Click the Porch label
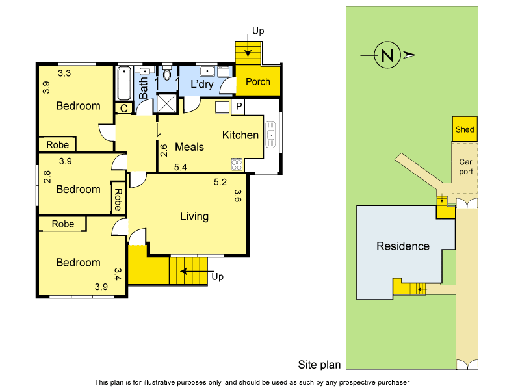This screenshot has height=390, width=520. pyautogui.click(x=258, y=82)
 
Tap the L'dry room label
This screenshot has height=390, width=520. pyautogui.click(x=201, y=84)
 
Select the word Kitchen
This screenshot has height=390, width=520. pyautogui.click(x=240, y=135)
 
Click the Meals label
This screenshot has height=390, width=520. pyautogui.click(x=189, y=147)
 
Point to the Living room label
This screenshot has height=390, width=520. pyautogui.click(x=194, y=216)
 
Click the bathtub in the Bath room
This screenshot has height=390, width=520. pyautogui.click(x=123, y=83)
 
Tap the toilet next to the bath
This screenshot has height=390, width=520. pyautogui.click(x=167, y=75)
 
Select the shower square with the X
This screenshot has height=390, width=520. pyautogui.click(x=167, y=104)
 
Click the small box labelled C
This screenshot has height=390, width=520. pyautogui.click(x=123, y=109)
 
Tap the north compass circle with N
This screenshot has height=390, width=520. pyautogui.click(x=387, y=56)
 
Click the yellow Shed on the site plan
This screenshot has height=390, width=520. pyautogui.click(x=465, y=129)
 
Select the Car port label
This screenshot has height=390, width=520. pyautogui.click(x=465, y=167)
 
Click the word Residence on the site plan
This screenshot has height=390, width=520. pyautogui.click(x=403, y=246)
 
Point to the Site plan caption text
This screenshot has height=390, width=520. pyautogui.click(x=319, y=365)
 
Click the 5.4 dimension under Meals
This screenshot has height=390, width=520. pyautogui.click(x=181, y=168)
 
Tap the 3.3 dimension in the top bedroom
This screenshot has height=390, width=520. pyautogui.click(x=64, y=73)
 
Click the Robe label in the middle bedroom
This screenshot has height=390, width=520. pyautogui.click(x=118, y=196)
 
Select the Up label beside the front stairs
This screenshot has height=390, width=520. pyautogui.click(x=218, y=277)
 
